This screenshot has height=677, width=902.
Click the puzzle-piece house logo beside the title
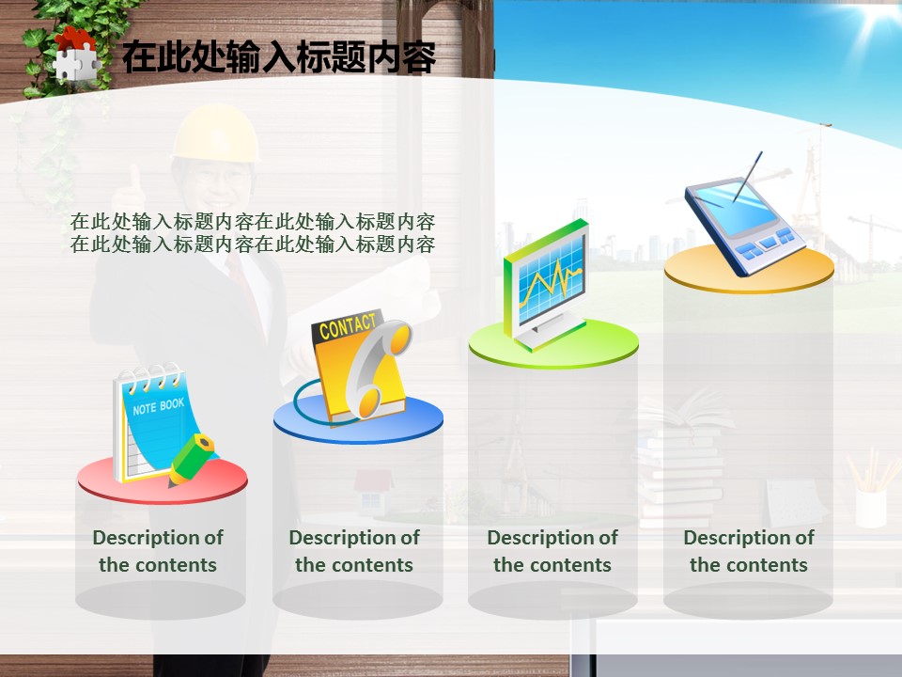coord(76,55)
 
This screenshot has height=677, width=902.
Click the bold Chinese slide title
coord(279,57)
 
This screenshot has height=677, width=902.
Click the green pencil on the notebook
coord(192,460)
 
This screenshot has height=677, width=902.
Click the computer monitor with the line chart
coord(546,284)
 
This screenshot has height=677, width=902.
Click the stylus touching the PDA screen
coord(747,177)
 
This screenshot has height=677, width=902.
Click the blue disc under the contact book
coord(358,419)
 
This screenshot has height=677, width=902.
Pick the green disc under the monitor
coord(553,344)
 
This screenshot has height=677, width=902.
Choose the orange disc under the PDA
coord(749,269)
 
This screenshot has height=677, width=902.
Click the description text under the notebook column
coord(158,551)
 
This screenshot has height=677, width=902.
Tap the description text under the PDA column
coord(749,551)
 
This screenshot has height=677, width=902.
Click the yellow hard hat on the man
coord(216,134)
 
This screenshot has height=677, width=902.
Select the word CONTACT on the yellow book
coord(348,326)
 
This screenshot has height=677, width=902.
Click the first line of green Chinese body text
coord(253,222)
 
